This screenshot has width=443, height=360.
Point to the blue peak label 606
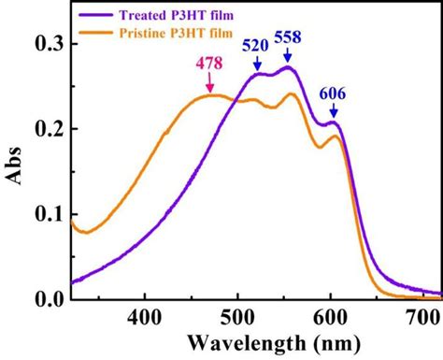334,94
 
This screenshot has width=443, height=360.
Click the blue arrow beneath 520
257,64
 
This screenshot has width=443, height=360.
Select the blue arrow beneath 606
334,112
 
